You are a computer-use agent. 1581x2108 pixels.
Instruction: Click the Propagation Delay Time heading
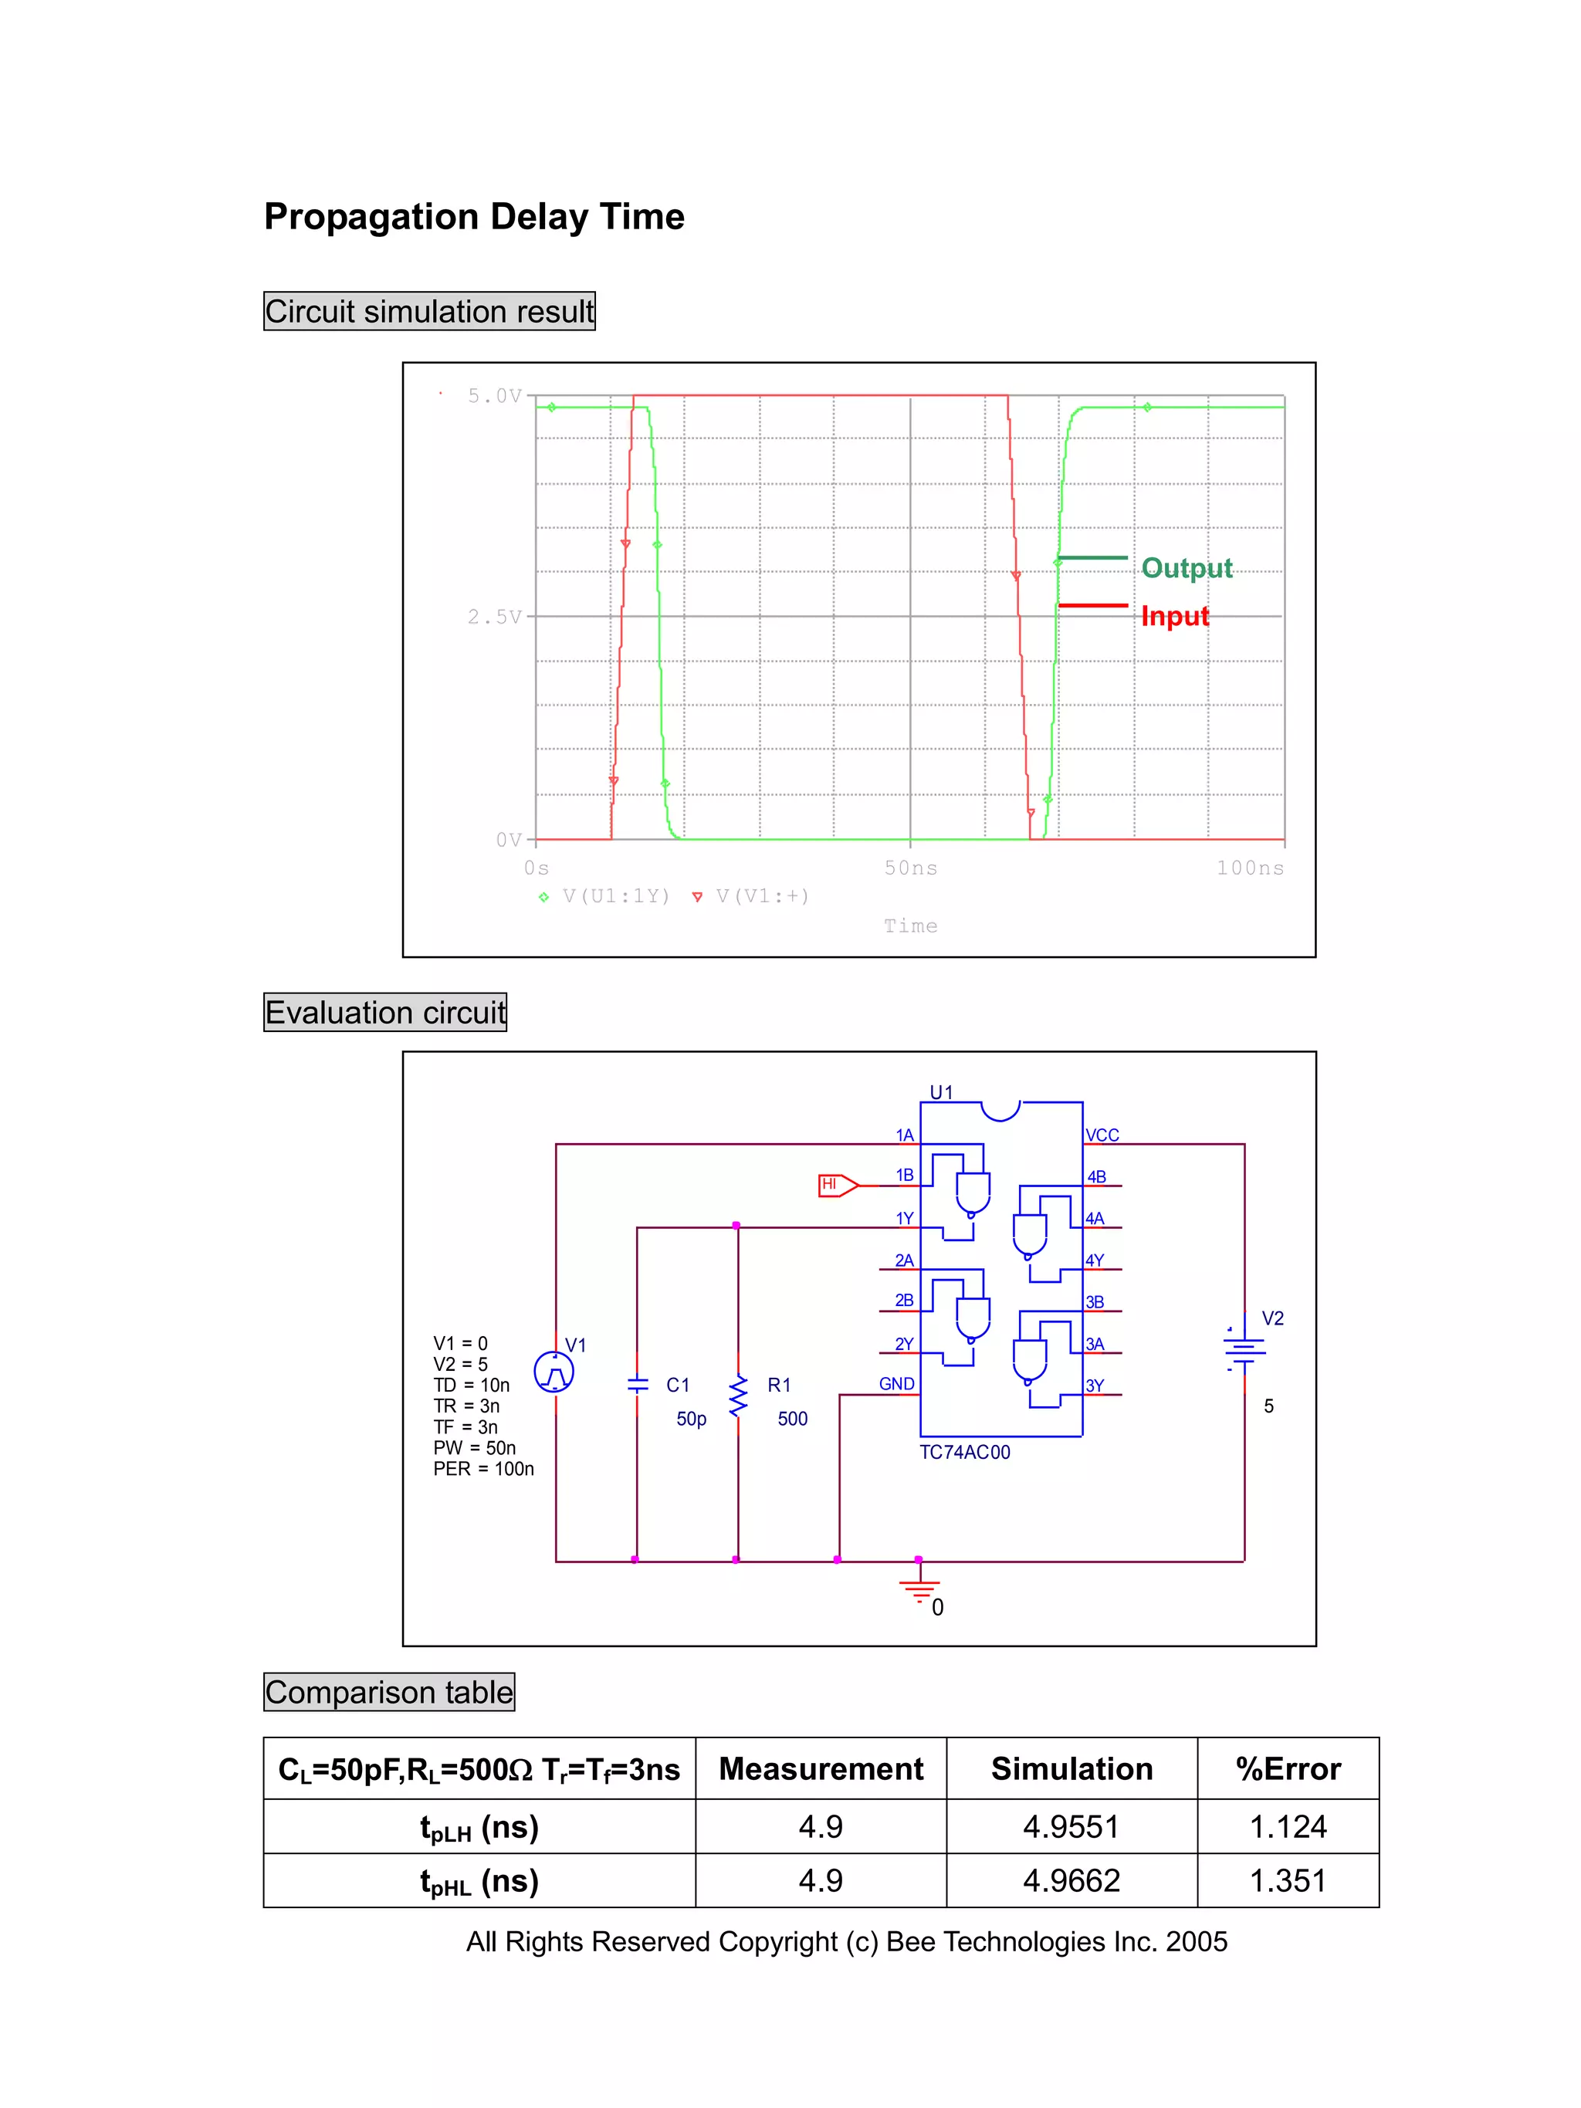click(474, 216)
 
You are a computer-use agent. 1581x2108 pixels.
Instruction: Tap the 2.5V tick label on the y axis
click(493, 617)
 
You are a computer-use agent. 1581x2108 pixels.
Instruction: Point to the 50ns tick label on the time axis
click(910, 868)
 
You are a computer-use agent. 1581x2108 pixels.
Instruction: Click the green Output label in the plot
click(1186, 568)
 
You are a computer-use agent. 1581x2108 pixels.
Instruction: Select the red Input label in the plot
click(1174, 616)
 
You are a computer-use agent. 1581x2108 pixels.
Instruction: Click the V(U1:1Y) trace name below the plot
click(615, 896)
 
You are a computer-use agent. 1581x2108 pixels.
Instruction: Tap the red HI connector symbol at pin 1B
click(838, 1185)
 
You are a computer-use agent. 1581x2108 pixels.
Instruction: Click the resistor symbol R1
click(737, 1396)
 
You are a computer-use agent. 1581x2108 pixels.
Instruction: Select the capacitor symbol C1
click(638, 1384)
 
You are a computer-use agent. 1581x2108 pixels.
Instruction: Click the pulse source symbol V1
click(554, 1372)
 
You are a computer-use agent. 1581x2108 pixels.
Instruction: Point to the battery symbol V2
click(1244, 1348)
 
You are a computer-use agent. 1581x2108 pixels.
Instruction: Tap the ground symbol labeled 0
click(919, 1589)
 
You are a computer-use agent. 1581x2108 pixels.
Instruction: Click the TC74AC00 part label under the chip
click(964, 1453)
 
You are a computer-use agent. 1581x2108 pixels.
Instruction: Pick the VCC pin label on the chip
click(1102, 1135)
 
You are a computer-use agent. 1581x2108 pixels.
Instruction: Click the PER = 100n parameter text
click(483, 1469)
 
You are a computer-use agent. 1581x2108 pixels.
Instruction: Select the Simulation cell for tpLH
click(1071, 1827)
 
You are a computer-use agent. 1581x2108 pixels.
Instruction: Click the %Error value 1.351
click(1288, 1880)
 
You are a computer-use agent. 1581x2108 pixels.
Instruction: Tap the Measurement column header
click(821, 1768)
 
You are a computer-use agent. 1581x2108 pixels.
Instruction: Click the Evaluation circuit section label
click(385, 1012)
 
